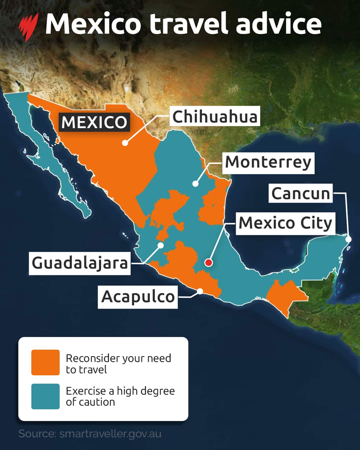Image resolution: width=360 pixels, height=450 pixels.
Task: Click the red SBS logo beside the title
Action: pyautogui.click(x=28, y=26)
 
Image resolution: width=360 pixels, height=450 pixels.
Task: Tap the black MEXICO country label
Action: pyautogui.click(x=94, y=122)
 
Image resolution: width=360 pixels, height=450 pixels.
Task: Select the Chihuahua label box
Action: pyautogui.click(x=215, y=116)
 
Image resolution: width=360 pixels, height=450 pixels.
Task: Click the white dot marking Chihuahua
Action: pyautogui.click(x=125, y=143)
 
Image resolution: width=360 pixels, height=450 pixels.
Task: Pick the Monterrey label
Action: pyautogui.click(x=268, y=163)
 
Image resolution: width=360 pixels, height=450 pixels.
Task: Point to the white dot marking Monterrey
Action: pyautogui.click(x=196, y=184)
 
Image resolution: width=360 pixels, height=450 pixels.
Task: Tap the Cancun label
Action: pyautogui.click(x=300, y=193)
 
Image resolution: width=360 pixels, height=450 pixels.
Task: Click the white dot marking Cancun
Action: pyautogui.click(x=348, y=239)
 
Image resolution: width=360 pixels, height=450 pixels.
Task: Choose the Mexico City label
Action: pyautogui.click(x=286, y=223)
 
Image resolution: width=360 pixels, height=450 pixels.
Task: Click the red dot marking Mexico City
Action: pyautogui.click(x=209, y=263)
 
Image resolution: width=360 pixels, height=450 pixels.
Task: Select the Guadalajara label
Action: pyautogui.click(x=80, y=263)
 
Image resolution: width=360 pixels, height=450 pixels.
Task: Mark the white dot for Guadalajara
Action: pyautogui.click(x=161, y=245)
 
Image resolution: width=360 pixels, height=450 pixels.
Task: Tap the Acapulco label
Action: pyautogui.click(x=138, y=297)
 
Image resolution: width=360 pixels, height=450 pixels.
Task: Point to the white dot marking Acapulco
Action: pyautogui.click(x=200, y=291)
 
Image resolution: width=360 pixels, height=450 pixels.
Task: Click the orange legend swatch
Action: pyautogui.click(x=45, y=362)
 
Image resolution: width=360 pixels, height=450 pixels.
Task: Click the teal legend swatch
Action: pyautogui.click(x=45, y=396)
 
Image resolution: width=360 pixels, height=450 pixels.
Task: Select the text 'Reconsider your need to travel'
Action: pyautogui.click(x=118, y=364)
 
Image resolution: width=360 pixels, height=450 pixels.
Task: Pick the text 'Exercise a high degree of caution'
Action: pyautogui.click(x=120, y=396)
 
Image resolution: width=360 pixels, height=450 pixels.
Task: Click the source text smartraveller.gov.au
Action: pyautogui.click(x=90, y=434)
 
